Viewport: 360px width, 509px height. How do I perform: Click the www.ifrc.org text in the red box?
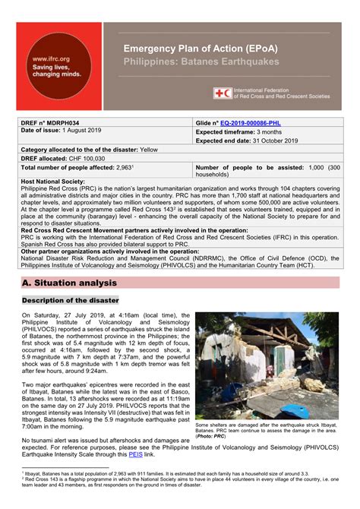coord(50,58)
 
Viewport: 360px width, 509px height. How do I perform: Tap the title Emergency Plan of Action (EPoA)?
coord(201,49)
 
